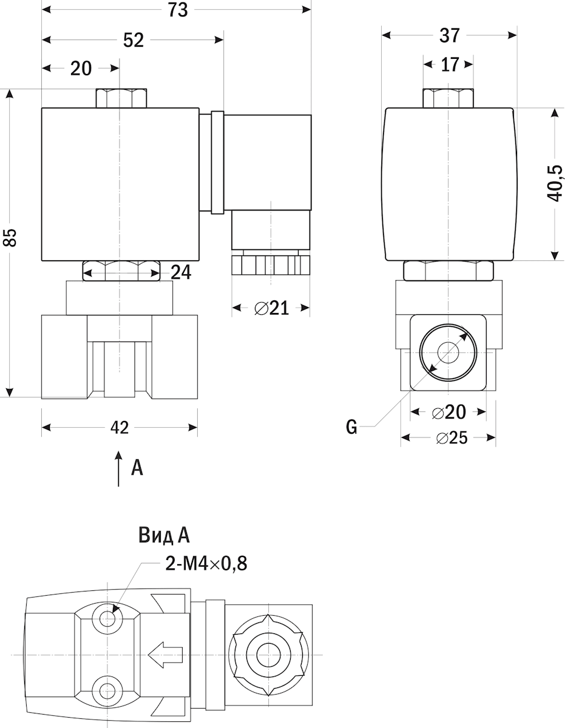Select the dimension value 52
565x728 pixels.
point(133,40)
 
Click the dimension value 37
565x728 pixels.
point(449,36)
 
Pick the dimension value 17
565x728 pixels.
point(449,65)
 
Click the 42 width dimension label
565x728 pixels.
point(120,428)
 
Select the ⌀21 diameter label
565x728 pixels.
point(271,308)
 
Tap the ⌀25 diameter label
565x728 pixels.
point(450,437)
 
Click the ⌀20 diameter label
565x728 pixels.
point(449,413)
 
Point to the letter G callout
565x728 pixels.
point(351,428)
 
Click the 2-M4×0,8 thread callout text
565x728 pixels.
point(206,564)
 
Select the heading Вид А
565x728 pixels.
point(164,535)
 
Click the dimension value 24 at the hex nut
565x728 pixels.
point(180,273)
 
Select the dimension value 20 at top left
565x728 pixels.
point(81,69)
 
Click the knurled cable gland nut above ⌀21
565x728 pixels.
point(271,265)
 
